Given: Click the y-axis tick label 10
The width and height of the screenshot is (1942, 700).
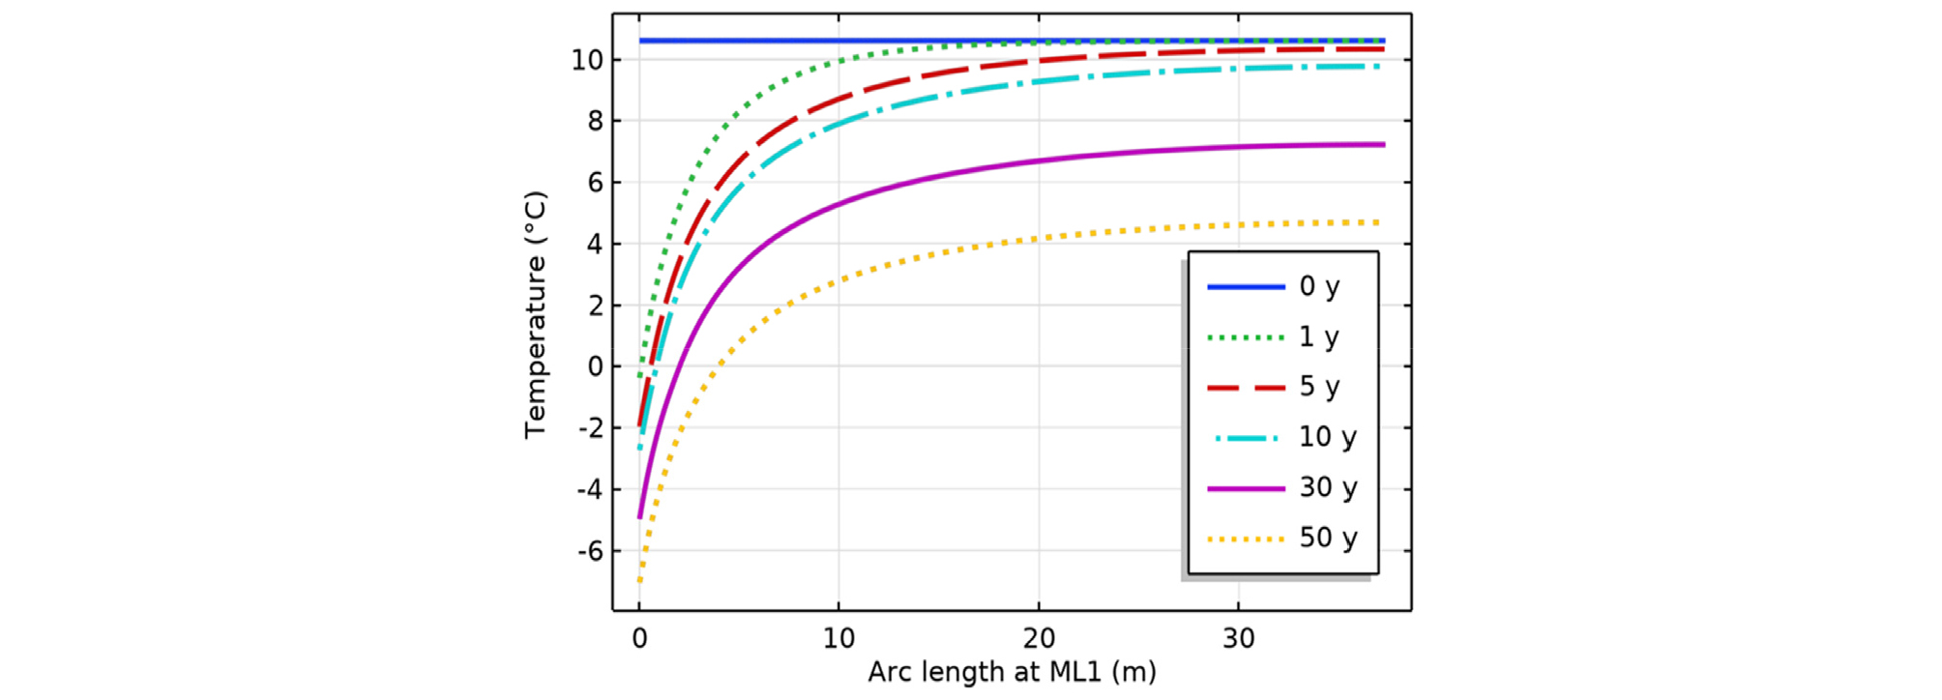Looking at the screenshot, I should (587, 60).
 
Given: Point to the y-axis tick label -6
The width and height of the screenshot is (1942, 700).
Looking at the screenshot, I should (590, 551).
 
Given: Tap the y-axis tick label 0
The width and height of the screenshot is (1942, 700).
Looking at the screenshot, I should (595, 366).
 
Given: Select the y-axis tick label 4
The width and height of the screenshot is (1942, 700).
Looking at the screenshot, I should (595, 244).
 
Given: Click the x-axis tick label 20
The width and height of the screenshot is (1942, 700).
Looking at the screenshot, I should (1039, 638).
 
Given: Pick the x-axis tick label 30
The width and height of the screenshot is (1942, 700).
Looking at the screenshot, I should (1239, 638).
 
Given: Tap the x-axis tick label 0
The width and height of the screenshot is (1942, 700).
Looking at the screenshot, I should (639, 638).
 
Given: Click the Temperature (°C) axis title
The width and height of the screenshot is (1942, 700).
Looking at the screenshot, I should (535, 314).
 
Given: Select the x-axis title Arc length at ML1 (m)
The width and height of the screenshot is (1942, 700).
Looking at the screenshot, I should (1012, 671).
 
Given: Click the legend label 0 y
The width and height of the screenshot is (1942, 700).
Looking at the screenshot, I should (1319, 286).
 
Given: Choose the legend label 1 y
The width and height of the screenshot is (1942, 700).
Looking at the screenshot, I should (1319, 336).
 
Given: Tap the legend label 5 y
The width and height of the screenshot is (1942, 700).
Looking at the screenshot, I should (1319, 387).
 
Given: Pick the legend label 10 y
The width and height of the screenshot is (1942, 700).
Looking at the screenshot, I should (1327, 437).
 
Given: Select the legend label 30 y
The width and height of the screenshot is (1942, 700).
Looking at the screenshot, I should (1327, 487).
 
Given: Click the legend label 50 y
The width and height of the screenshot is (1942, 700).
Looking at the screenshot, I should (1327, 538).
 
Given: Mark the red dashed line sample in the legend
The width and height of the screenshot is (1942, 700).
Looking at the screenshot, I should (1246, 388).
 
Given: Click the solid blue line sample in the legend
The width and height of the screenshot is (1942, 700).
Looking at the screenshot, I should (1246, 287).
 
